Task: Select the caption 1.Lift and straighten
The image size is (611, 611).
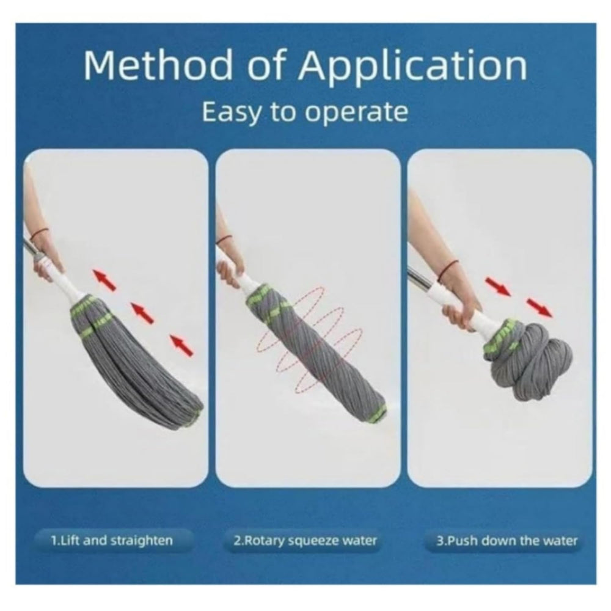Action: click(x=111, y=540)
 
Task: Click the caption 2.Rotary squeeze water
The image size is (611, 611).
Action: click(x=305, y=540)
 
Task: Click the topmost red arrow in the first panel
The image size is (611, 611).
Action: click(x=104, y=280)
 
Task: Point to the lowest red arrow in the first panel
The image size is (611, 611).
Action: click(x=181, y=345)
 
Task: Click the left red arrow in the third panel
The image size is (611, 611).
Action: click(x=497, y=286)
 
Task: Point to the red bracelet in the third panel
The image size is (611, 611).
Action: click(x=450, y=268)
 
